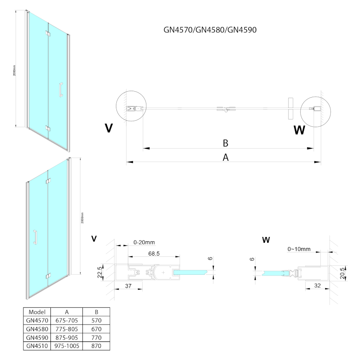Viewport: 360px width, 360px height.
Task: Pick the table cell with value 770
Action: (x=96, y=337)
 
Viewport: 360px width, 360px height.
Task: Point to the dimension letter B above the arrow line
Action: (x=226, y=143)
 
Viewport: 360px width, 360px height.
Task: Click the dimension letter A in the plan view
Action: (x=226, y=158)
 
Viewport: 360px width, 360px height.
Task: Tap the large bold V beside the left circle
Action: (x=108, y=128)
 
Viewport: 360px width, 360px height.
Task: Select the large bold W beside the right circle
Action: (x=299, y=130)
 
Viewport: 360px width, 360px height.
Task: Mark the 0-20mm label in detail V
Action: (x=144, y=242)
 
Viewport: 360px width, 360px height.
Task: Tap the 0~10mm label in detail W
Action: (x=299, y=249)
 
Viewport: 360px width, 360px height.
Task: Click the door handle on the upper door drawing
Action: (x=60, y=90)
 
